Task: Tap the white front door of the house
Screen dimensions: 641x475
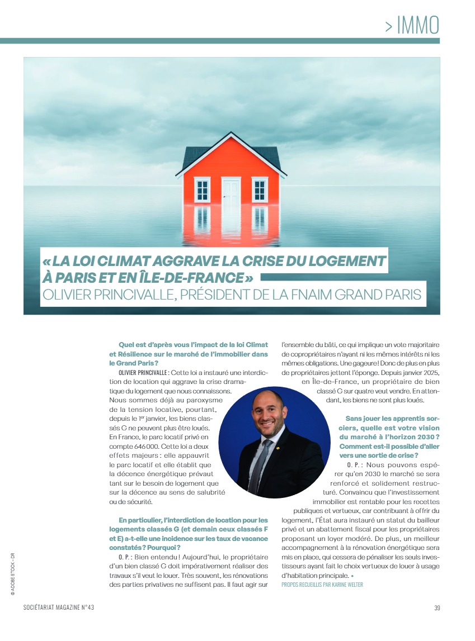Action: (231, 192)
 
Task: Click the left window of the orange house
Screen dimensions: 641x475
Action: (202, 190)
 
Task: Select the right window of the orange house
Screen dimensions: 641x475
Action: (260, 190)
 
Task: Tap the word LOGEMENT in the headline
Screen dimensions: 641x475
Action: (343, 261)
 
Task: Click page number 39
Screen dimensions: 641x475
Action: (437, 608)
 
